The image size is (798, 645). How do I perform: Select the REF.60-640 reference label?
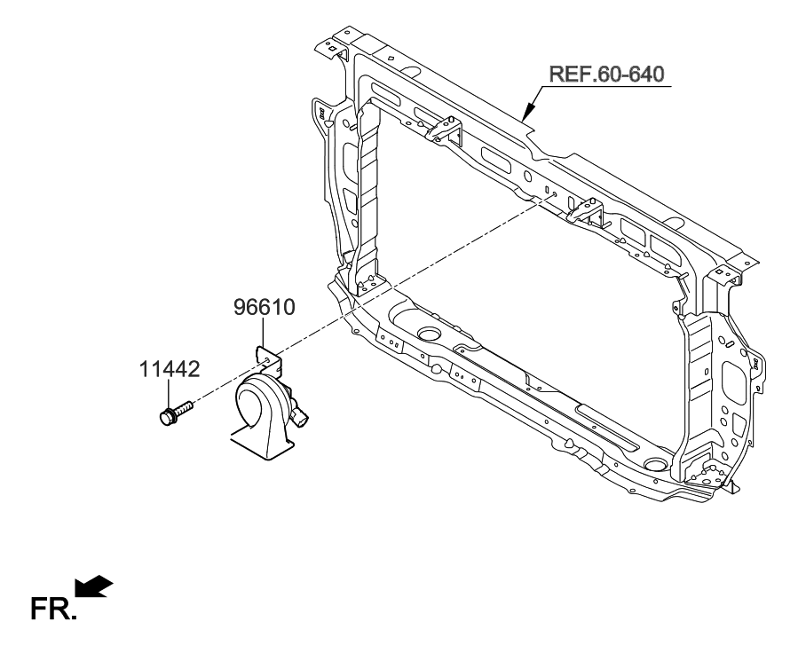coord(608,74)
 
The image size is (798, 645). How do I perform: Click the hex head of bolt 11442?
coord(166,416)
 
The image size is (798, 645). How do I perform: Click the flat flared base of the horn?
coord(263,447)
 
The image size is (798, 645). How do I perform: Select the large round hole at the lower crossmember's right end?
coord(656,464)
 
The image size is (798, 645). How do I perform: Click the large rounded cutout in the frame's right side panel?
coord(736,376)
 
